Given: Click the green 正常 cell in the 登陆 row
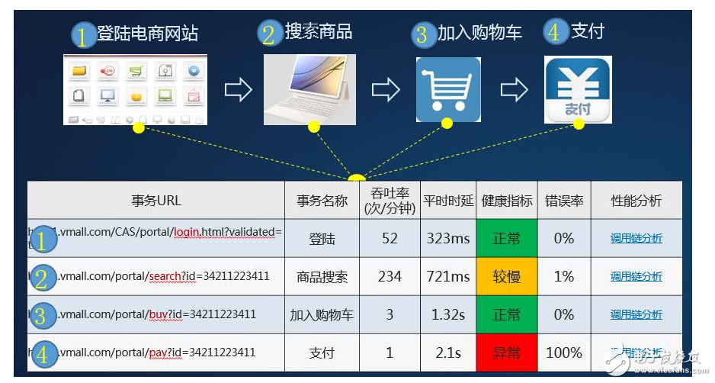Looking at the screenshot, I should tap(506, 238).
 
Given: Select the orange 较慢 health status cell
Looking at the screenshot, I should tap(506, 276).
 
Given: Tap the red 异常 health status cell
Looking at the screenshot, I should tap(506, 352).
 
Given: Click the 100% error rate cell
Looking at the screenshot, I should tap(564, 352).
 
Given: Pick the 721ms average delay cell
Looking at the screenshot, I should tap(447, 276).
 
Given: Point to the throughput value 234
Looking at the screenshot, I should tap(390, 276).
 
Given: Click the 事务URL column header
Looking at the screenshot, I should tap(156, 201).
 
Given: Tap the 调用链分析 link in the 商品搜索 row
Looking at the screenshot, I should tap(636, 276).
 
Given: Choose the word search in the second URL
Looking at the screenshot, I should tap(165, 276).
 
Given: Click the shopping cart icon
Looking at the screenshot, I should tap(448, 89).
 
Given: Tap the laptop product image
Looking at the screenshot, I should tap(309, 90).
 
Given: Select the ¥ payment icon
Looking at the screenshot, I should tap(578, 90).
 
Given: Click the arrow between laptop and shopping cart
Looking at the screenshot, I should tap(386, 90).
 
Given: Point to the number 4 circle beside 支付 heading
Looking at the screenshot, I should tap(555, 32).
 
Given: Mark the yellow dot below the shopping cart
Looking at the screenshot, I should tap(447, 124).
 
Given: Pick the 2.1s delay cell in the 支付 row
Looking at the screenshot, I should tap(447, 352).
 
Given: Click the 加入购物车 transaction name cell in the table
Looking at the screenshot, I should tap(322, 314).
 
